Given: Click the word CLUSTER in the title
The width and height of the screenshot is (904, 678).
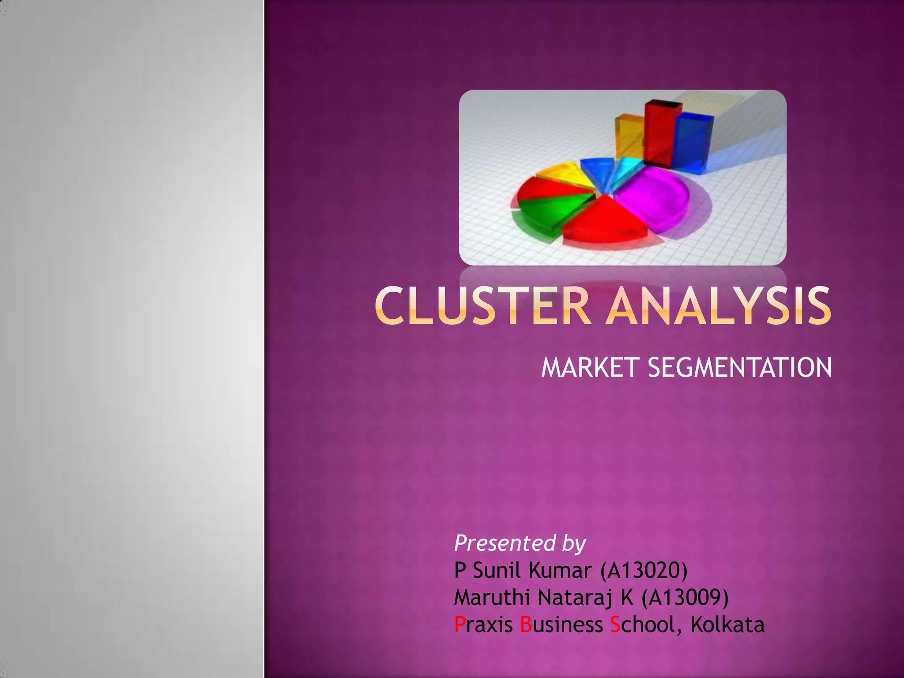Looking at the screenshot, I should click(x=483, y=305).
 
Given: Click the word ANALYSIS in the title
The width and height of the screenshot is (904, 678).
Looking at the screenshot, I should click(x=718, y=305).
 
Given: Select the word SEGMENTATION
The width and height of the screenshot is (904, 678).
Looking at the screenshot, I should click(x=739, y=368).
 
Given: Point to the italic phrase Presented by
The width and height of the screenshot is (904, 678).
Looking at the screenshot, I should click(x=520, y=543).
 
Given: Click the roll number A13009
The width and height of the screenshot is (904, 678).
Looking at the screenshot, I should click(x=685, y=598).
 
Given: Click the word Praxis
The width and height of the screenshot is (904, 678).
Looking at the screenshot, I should click(x=483, y=625).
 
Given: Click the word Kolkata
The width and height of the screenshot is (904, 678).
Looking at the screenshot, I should click(x=727, y=625).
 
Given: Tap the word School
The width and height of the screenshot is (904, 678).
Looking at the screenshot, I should click(x=643, y=625).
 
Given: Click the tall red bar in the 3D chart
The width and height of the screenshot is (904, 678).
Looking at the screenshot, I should click(x=659, y=135).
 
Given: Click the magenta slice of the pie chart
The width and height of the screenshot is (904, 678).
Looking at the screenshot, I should click(x=653, y=196).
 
